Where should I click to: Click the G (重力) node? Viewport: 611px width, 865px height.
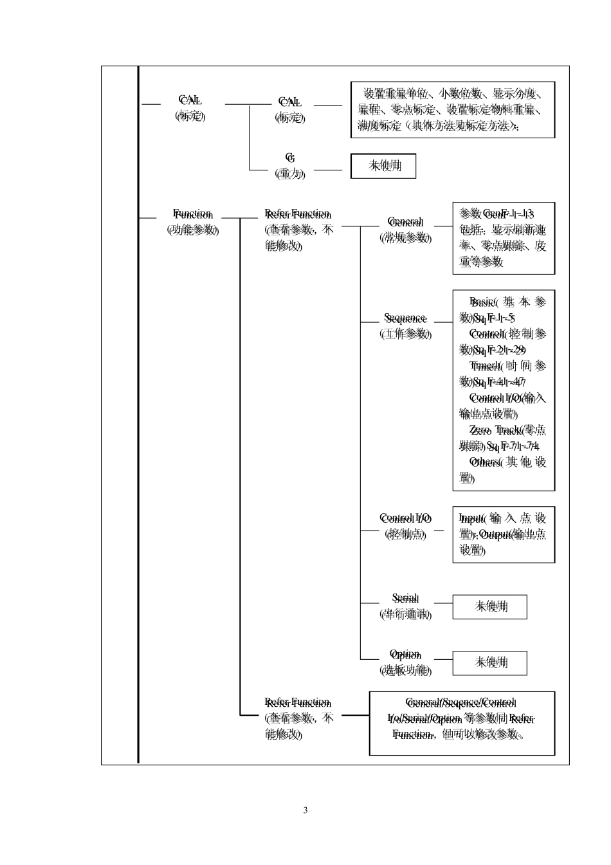click(290, 165)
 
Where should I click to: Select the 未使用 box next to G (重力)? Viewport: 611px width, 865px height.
click(384, 166)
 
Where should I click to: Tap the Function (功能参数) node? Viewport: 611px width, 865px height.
click(193, 222)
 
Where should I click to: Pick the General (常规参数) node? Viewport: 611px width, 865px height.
click(405, 230)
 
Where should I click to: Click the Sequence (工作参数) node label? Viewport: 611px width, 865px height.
click(405, 325)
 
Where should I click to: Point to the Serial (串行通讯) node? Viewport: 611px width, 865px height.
click(405, 606)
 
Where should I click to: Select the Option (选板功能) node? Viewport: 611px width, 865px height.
click(405, 662)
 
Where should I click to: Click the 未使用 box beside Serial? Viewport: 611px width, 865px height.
click(490, 606)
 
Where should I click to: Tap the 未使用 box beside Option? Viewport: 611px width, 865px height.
click(490, 663)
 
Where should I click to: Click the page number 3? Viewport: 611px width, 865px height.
click(305, 810)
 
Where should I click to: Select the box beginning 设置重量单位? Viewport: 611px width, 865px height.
click(453, 109)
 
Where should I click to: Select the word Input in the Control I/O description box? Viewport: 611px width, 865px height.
click(472, 518)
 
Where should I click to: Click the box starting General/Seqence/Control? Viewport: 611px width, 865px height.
click(462, 723)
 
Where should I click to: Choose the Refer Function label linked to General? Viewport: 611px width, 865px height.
click(298, 214)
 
